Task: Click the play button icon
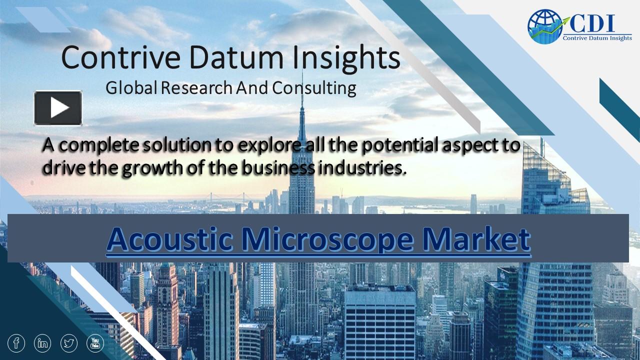(x=58, y=107)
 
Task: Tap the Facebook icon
(x=16, y=343)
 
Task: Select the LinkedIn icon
(x=43, y=343)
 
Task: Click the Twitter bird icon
(x=69, y=343)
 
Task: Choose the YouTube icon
(x=95, y=343)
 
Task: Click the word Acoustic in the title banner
(x=169, y=239)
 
